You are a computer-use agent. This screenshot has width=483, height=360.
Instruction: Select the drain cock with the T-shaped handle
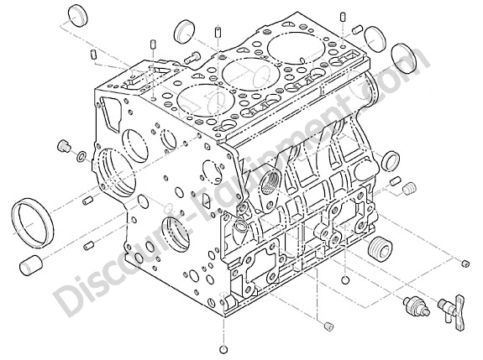452,311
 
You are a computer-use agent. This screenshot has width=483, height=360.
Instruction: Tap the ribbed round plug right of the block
380,248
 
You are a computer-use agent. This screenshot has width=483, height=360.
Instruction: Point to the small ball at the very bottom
224,350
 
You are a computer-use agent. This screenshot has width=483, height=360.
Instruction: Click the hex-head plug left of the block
64,146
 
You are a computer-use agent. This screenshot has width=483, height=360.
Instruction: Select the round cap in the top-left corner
77,15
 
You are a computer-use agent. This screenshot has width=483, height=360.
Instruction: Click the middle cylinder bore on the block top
251,74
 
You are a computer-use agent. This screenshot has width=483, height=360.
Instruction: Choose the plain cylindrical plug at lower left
31,264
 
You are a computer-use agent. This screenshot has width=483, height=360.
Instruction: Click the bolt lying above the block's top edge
192,57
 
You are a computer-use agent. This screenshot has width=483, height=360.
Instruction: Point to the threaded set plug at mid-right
410,188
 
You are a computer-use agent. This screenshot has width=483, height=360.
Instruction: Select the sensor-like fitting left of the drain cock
417,305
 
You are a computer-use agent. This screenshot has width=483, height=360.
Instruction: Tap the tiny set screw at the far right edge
465,263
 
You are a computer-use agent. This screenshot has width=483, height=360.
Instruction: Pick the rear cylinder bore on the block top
297,47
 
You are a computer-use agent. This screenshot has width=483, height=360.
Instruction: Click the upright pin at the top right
343,17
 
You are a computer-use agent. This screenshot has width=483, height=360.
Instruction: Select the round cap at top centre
185,32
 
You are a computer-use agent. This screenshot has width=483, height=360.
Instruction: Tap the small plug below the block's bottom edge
329,326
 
